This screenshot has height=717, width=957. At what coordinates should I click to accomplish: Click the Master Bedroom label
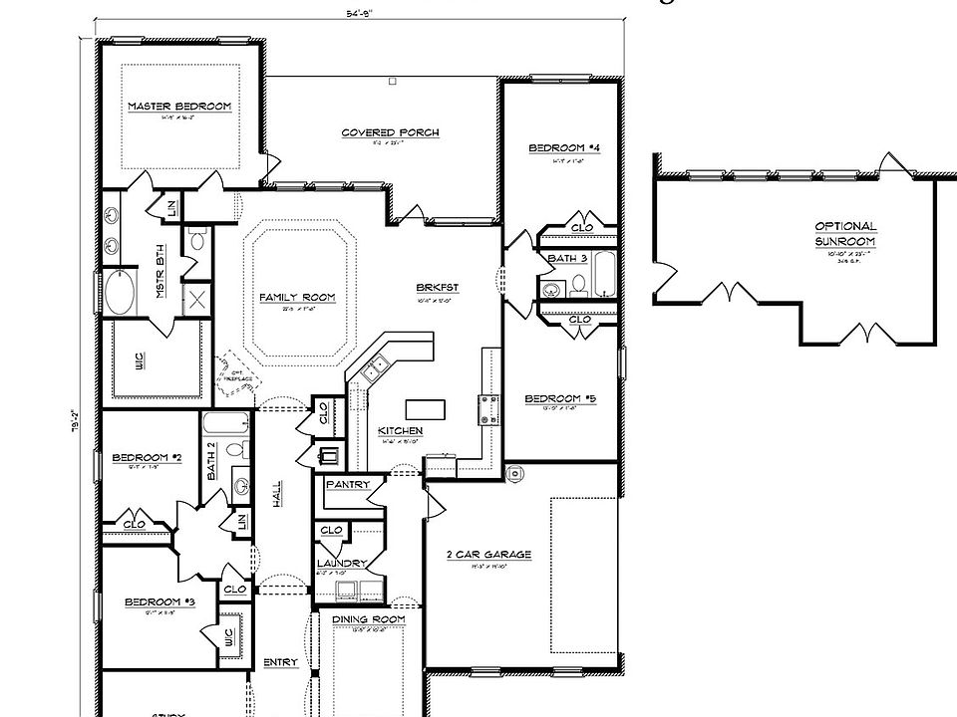pos(179,107)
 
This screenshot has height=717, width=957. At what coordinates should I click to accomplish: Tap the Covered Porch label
pos(390,132)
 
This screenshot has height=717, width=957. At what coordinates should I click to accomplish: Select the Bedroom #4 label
pos(563,148)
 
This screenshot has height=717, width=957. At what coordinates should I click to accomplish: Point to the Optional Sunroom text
pos(845,234)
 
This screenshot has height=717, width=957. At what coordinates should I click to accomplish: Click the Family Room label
pos(297,298)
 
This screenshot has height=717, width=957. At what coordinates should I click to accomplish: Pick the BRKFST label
pos(437,288)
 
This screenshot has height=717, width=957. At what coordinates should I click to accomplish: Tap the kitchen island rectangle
pos(425,408)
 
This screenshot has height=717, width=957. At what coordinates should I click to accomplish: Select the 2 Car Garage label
pos(488,555)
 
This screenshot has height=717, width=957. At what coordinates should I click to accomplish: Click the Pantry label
pos(348,485)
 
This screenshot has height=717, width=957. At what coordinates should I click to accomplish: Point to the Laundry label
pos(342,563)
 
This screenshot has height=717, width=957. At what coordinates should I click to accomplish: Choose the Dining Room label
pos(369,619)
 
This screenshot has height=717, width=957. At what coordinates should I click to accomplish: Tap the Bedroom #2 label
pos(147,458)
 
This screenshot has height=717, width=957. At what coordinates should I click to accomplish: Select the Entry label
pos(280,663)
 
